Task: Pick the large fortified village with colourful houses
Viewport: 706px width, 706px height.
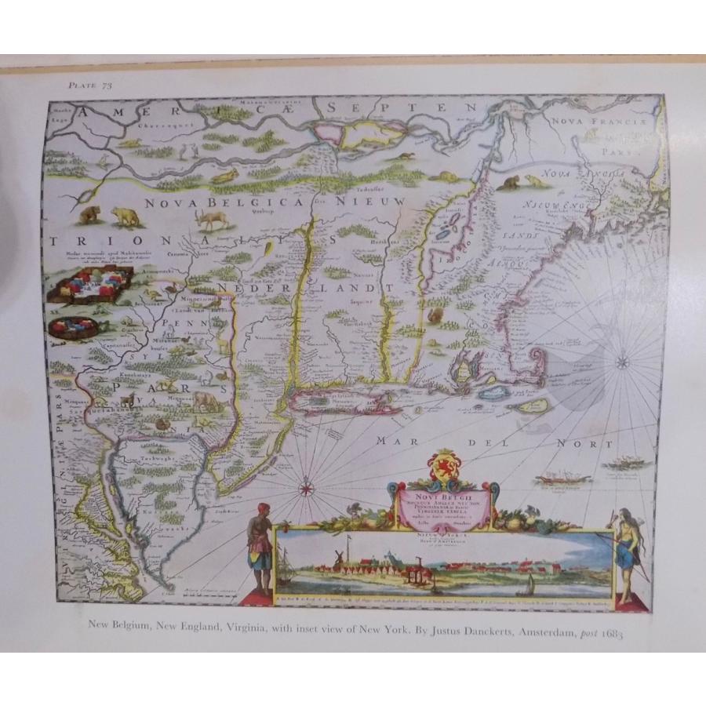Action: coord(88,287)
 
